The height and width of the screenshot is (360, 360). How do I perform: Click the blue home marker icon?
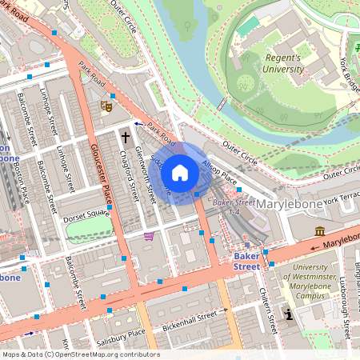(x=180, y=172)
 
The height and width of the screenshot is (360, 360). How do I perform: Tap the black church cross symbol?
(x=125, y=138)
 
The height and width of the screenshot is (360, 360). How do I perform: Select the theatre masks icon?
(x=105, y=105)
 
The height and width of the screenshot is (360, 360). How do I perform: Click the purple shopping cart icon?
(x=149, y=236)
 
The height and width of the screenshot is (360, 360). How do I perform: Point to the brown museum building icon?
(x=320, y=231)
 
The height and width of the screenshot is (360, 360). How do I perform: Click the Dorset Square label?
(x=87, y=214)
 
